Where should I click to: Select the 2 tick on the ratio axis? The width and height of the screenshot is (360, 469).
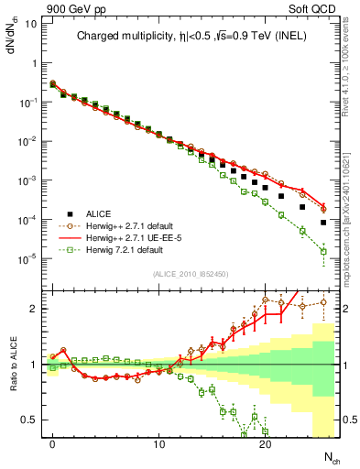pos(33,309)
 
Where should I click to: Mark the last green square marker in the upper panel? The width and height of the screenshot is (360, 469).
pos(323,251)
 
